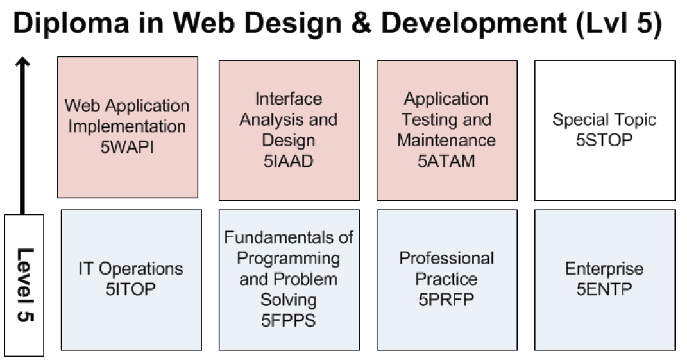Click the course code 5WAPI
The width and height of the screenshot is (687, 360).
(x=127, y=147)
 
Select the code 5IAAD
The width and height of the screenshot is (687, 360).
(x=288, y=161)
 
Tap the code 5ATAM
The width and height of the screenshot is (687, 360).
(x=446, y=161)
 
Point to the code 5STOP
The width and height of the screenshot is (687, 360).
(x=604, y=140)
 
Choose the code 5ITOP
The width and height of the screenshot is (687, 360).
(x=131, y=289)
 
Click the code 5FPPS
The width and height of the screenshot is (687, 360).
(x=288, y=321)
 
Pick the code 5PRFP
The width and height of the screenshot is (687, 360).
(x=446, y=300)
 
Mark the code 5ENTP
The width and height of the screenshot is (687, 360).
(x=604, y=289)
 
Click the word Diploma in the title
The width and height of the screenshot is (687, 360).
(x=71, y=24)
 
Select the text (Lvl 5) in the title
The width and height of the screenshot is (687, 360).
(x=618, y=24)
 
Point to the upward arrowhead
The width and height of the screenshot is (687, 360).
(x=23, y=63)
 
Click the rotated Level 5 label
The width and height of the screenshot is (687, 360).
(x=25, y=285)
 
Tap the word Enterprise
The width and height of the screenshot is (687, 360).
(x=604, y=268)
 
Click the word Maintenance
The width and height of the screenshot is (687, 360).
(x=446, y=141)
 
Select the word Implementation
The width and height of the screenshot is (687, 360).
(x=127, y=126)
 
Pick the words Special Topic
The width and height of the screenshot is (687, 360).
(x=604, y=120)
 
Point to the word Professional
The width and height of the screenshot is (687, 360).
(x=446, y=258)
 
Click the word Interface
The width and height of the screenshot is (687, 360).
(x=288, y=99)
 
